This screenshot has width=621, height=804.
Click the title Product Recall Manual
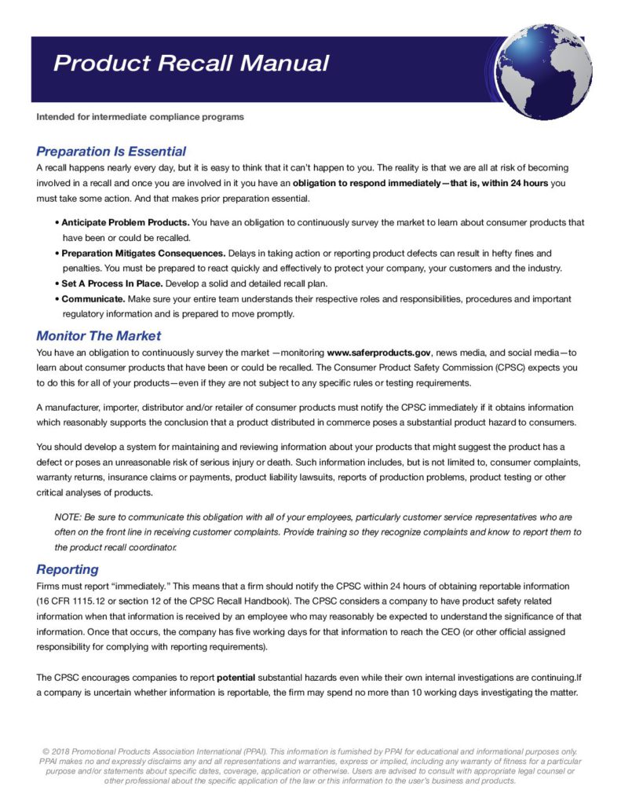pyautogui.click(x=191, y=63)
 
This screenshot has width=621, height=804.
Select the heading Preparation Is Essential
pyautogui.click(x=111, y=152)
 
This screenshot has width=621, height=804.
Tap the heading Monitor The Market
pyautogui.click(x=98, y=336)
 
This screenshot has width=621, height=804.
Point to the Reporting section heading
pyautogui.click(x=68, y=569)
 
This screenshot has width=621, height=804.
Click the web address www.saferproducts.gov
pyautogui.click(x=377, y=353)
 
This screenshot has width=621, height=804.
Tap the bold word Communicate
pyautogui.click(x=93, y=299)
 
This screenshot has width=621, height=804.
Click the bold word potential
pyautogui.click(x=241, y=677)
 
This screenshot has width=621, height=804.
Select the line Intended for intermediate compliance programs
pyautogui.click(x=140, y=117)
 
